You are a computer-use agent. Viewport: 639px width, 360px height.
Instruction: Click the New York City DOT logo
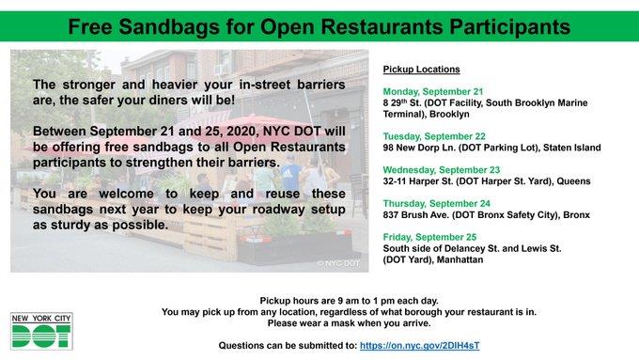click(41, 331)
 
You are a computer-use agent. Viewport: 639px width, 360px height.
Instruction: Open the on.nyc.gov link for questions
click(419, 346)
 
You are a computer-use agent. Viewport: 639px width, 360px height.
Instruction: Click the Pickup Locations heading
click(421, 70)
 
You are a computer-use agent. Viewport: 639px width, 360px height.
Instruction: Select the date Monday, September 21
click(433, 92)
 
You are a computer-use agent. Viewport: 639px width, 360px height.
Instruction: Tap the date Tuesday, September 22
click(434, 136)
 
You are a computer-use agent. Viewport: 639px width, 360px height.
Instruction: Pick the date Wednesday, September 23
click(442, 170)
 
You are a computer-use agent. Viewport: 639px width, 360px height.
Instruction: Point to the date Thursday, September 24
click(436, 203)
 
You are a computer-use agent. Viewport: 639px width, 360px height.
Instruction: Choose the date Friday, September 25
click(429, 237)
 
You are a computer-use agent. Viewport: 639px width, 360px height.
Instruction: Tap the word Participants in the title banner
click(510, 27)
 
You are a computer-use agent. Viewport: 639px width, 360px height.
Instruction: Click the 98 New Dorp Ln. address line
click(491, 148)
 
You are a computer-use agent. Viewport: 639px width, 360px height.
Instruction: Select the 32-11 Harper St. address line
click(487, 181)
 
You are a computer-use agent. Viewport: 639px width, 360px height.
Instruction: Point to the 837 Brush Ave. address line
click(486, 215)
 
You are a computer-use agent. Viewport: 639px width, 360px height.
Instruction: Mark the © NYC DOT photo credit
click(338, 263)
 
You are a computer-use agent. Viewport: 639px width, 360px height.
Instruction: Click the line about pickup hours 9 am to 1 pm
click(350, 301)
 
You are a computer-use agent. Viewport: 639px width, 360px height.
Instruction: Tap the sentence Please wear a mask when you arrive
click(350, 323)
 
